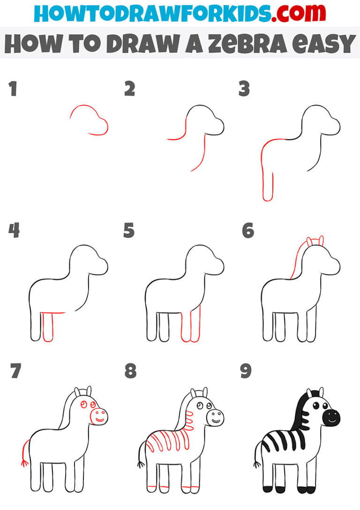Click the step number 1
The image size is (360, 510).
point(13,89)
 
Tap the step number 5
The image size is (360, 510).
point(129,231)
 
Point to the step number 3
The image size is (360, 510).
point(244,89)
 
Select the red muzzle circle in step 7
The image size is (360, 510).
point(98,415)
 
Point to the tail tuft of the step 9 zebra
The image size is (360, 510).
point(256,464)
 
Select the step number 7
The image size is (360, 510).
point(15,371)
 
